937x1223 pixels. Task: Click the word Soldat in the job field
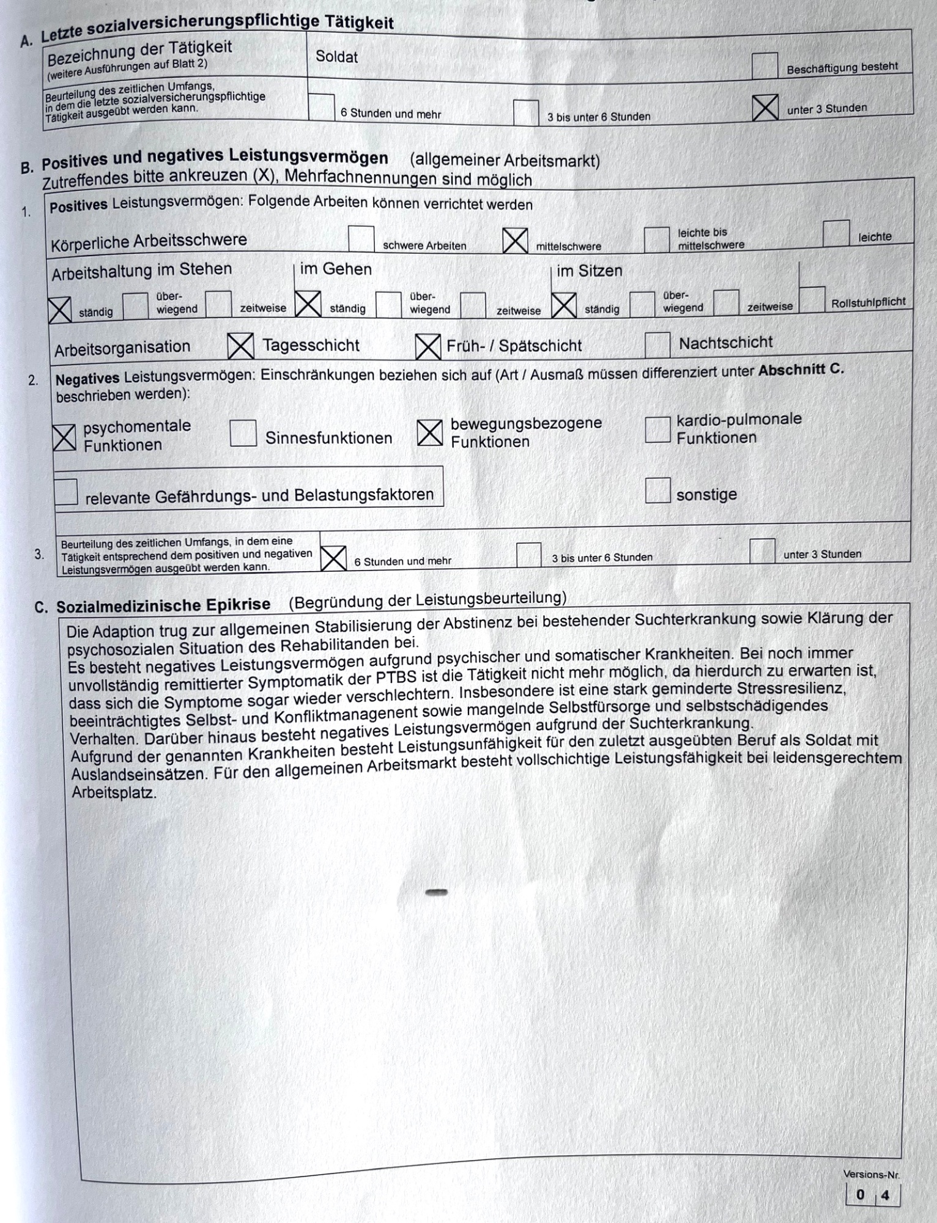tap(336, 57)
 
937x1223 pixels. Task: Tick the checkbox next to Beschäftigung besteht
tap(765, 66)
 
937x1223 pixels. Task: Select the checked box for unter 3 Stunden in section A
tap(765, 108)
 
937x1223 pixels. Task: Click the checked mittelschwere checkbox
tap(515, 240)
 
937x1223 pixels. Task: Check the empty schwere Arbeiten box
tap(361, 239)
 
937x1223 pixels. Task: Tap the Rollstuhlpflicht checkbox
tap(812, 299)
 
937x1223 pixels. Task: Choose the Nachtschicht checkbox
tap(657, 345)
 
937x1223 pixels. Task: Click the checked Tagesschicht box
tap(240, 346)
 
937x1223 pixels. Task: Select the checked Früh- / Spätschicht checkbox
tap(428, 347)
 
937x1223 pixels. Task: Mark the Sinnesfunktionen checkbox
tap(243, 434)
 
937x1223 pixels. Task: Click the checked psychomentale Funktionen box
tap(64, 438)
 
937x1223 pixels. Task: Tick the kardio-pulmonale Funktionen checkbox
tap(657, 429)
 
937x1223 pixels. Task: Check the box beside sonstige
tap(657, 490)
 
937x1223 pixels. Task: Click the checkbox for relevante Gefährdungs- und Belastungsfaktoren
tap(66, 492)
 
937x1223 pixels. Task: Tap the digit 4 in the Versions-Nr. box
tap(885, 1195)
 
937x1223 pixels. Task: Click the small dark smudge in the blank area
tap(436, 892)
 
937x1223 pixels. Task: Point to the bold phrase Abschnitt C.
tap(801, 370)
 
